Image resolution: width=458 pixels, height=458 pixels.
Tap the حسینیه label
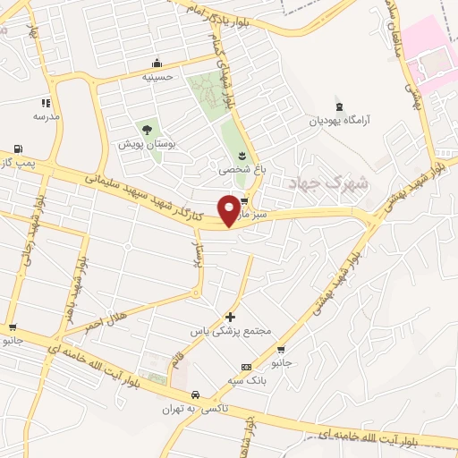(157, 77)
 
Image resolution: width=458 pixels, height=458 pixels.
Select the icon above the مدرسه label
(46, 103)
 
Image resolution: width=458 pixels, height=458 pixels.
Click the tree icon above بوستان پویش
(148, 130)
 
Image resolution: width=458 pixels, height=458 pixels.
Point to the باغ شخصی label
(237, 167)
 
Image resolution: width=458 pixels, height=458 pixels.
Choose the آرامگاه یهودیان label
(340, 120)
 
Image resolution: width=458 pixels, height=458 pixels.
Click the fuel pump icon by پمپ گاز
(20, 148)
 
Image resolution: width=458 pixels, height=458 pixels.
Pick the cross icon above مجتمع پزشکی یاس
(231, 317)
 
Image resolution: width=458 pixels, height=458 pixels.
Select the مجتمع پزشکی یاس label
(230, 331)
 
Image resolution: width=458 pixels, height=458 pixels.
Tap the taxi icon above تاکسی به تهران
(195, 394)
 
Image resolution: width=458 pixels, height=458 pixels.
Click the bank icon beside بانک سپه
(246, 368)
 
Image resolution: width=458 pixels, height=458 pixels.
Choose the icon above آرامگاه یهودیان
(339, 105)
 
